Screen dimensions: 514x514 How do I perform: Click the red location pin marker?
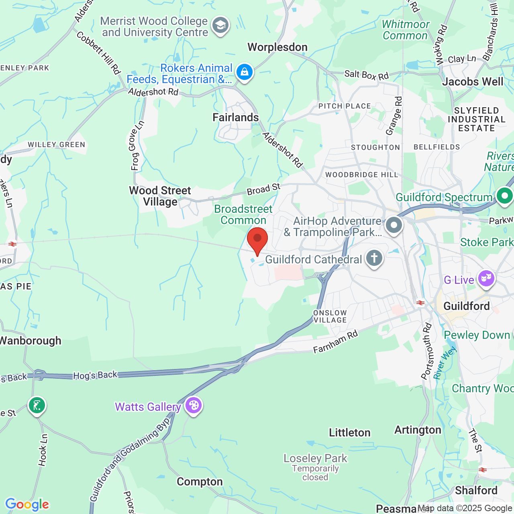257,240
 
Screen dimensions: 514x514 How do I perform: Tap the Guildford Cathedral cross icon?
374,258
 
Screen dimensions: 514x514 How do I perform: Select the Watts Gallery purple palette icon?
194,406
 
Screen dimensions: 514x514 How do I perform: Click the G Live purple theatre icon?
486,278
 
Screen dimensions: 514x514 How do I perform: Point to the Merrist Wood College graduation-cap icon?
220,26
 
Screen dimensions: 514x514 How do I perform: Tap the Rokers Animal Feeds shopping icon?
244,73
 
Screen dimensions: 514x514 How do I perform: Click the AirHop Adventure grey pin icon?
394,225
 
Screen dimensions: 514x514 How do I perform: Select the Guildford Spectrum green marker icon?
504,196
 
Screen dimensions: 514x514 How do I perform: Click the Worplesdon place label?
277,47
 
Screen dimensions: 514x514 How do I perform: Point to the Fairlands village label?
236,118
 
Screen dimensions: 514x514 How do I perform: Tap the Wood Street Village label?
160,196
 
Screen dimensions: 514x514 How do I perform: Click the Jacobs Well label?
473,82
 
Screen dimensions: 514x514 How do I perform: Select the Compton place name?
200,482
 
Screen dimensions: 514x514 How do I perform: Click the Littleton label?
350,433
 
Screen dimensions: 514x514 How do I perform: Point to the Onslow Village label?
330,316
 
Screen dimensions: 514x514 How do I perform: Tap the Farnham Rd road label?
335,342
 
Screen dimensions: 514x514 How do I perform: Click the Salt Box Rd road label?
367,75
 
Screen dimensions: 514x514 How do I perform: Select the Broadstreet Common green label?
243,215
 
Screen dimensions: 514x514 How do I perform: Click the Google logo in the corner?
27,504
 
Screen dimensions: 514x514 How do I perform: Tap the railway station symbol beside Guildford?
420,303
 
